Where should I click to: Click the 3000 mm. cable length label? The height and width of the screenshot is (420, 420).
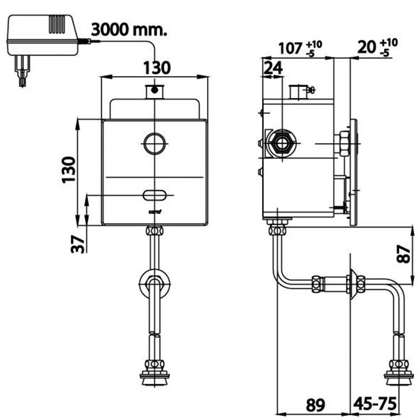pos(129,30)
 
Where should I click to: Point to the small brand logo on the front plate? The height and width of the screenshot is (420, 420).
pos(155,212)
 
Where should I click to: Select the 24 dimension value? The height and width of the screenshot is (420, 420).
pos(273,68)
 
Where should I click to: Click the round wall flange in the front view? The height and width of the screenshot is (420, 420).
pos(154,283)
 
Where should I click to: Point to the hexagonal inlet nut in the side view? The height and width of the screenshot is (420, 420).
pos(280,143)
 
